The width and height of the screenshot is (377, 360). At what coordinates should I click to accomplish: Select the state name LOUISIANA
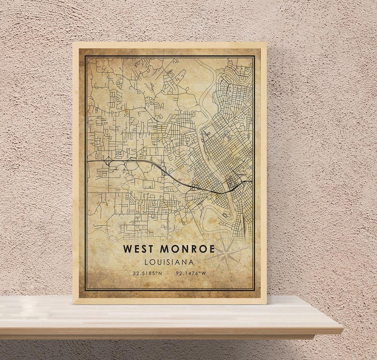[x=169, y=262]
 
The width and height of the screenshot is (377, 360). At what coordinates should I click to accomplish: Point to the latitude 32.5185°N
[x=147, y=273]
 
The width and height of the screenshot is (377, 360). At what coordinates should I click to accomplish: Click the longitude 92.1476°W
[x=191, y=273]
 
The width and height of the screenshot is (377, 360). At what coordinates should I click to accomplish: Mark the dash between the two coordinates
[x=169, y=273]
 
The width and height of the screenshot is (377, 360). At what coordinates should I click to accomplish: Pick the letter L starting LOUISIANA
[x=146, y=262]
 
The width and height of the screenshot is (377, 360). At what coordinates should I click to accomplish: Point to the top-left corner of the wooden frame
[x=73, y=43]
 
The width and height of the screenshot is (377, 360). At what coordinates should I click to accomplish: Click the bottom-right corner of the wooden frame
[x=266, y=303]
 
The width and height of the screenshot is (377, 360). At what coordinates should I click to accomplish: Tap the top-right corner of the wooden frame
[x=266, y=43]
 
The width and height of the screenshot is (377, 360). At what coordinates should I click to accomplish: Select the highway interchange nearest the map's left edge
[x=108, y=161]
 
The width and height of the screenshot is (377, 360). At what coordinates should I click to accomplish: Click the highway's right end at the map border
[x=252, y=181]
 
